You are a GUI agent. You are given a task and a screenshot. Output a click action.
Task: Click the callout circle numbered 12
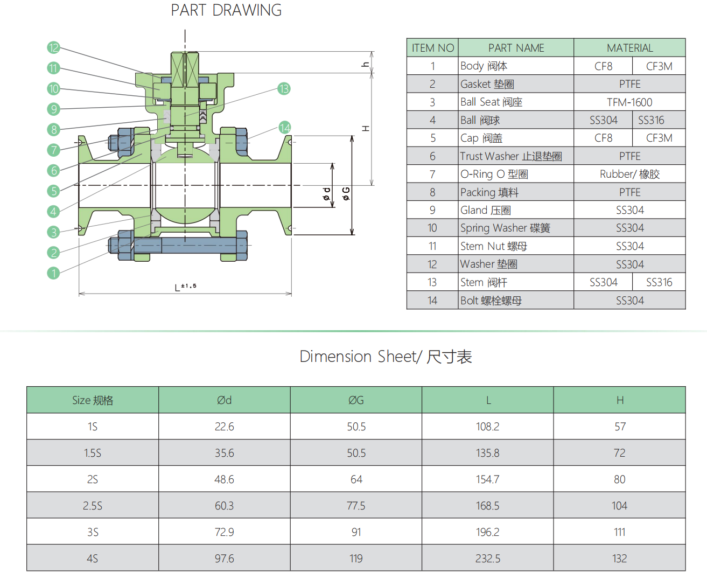click(x=53, y=47)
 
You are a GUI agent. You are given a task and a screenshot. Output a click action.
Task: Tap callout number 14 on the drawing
click(x=285, y=128)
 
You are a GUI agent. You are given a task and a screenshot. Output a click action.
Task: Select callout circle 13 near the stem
click(x=284, y=89)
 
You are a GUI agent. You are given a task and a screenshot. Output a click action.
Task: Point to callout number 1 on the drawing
click(x=53, y=273)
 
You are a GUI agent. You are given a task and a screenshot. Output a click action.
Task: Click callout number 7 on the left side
click(x=53, y=150)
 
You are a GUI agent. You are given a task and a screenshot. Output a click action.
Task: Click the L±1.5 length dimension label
click(x=186, y=287)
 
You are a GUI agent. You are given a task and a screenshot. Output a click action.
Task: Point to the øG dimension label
click(x=346, y=193)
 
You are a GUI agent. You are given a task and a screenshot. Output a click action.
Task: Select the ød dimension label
click(x=326, y=193)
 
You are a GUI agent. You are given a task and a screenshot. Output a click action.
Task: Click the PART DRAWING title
click(x=226, y=10)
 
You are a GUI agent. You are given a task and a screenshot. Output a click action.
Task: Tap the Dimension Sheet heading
click(x=386, y=357)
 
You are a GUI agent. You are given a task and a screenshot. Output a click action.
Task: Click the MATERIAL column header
click(x=629, y=48)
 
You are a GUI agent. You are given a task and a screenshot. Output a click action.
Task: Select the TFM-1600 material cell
click(x=629, y=102)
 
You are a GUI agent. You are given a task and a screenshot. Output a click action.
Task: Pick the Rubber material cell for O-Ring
click(x=629, y=174)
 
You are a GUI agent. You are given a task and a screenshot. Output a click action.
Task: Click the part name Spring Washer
click(x=505, y=228)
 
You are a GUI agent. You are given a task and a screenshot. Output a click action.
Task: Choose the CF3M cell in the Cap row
click(x=659, y=138)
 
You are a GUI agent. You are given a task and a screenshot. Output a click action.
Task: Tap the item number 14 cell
click(x=432, y=301)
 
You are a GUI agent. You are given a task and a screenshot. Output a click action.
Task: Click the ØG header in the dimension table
click(x=356, y=400)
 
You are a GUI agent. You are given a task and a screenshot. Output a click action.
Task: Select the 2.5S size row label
click(x=93, y=506)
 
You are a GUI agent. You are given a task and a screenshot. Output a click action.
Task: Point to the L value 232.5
click(x=487, y=559)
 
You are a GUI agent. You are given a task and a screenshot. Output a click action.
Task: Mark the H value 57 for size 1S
click(x=620, y=427)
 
